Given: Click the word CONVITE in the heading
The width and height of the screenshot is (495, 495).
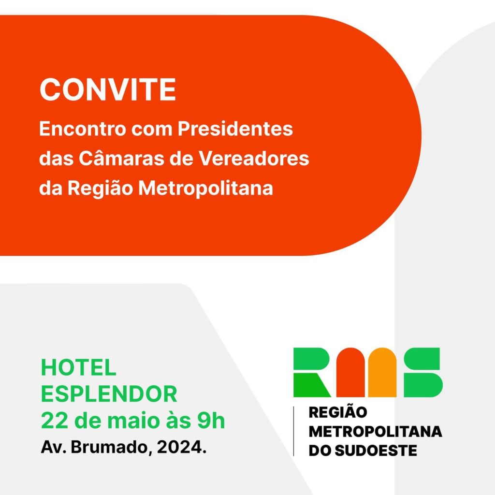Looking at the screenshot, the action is [108, 89].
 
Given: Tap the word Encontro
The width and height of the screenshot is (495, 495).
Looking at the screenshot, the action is [82, 129].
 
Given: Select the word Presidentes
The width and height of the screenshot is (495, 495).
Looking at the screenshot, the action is [235, 129].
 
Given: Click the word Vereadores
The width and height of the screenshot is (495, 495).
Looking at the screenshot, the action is [254, 158].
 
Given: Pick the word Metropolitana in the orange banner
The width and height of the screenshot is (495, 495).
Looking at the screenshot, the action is [205, 188].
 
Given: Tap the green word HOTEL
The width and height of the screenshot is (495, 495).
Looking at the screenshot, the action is [79, 367].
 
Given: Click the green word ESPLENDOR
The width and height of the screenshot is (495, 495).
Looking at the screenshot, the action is [109, 394].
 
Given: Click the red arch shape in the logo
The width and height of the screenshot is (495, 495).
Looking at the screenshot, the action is [350, 373].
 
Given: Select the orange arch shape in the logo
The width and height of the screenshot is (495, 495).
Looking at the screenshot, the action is [382, 373].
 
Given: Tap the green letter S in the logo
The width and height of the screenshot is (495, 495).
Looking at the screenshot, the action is [423, 373].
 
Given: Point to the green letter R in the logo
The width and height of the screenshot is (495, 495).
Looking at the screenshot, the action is [312, 373].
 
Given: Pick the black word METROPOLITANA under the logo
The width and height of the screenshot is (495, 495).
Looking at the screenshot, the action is [375, 432].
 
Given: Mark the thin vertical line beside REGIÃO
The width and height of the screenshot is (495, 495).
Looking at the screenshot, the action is [293, 431].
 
